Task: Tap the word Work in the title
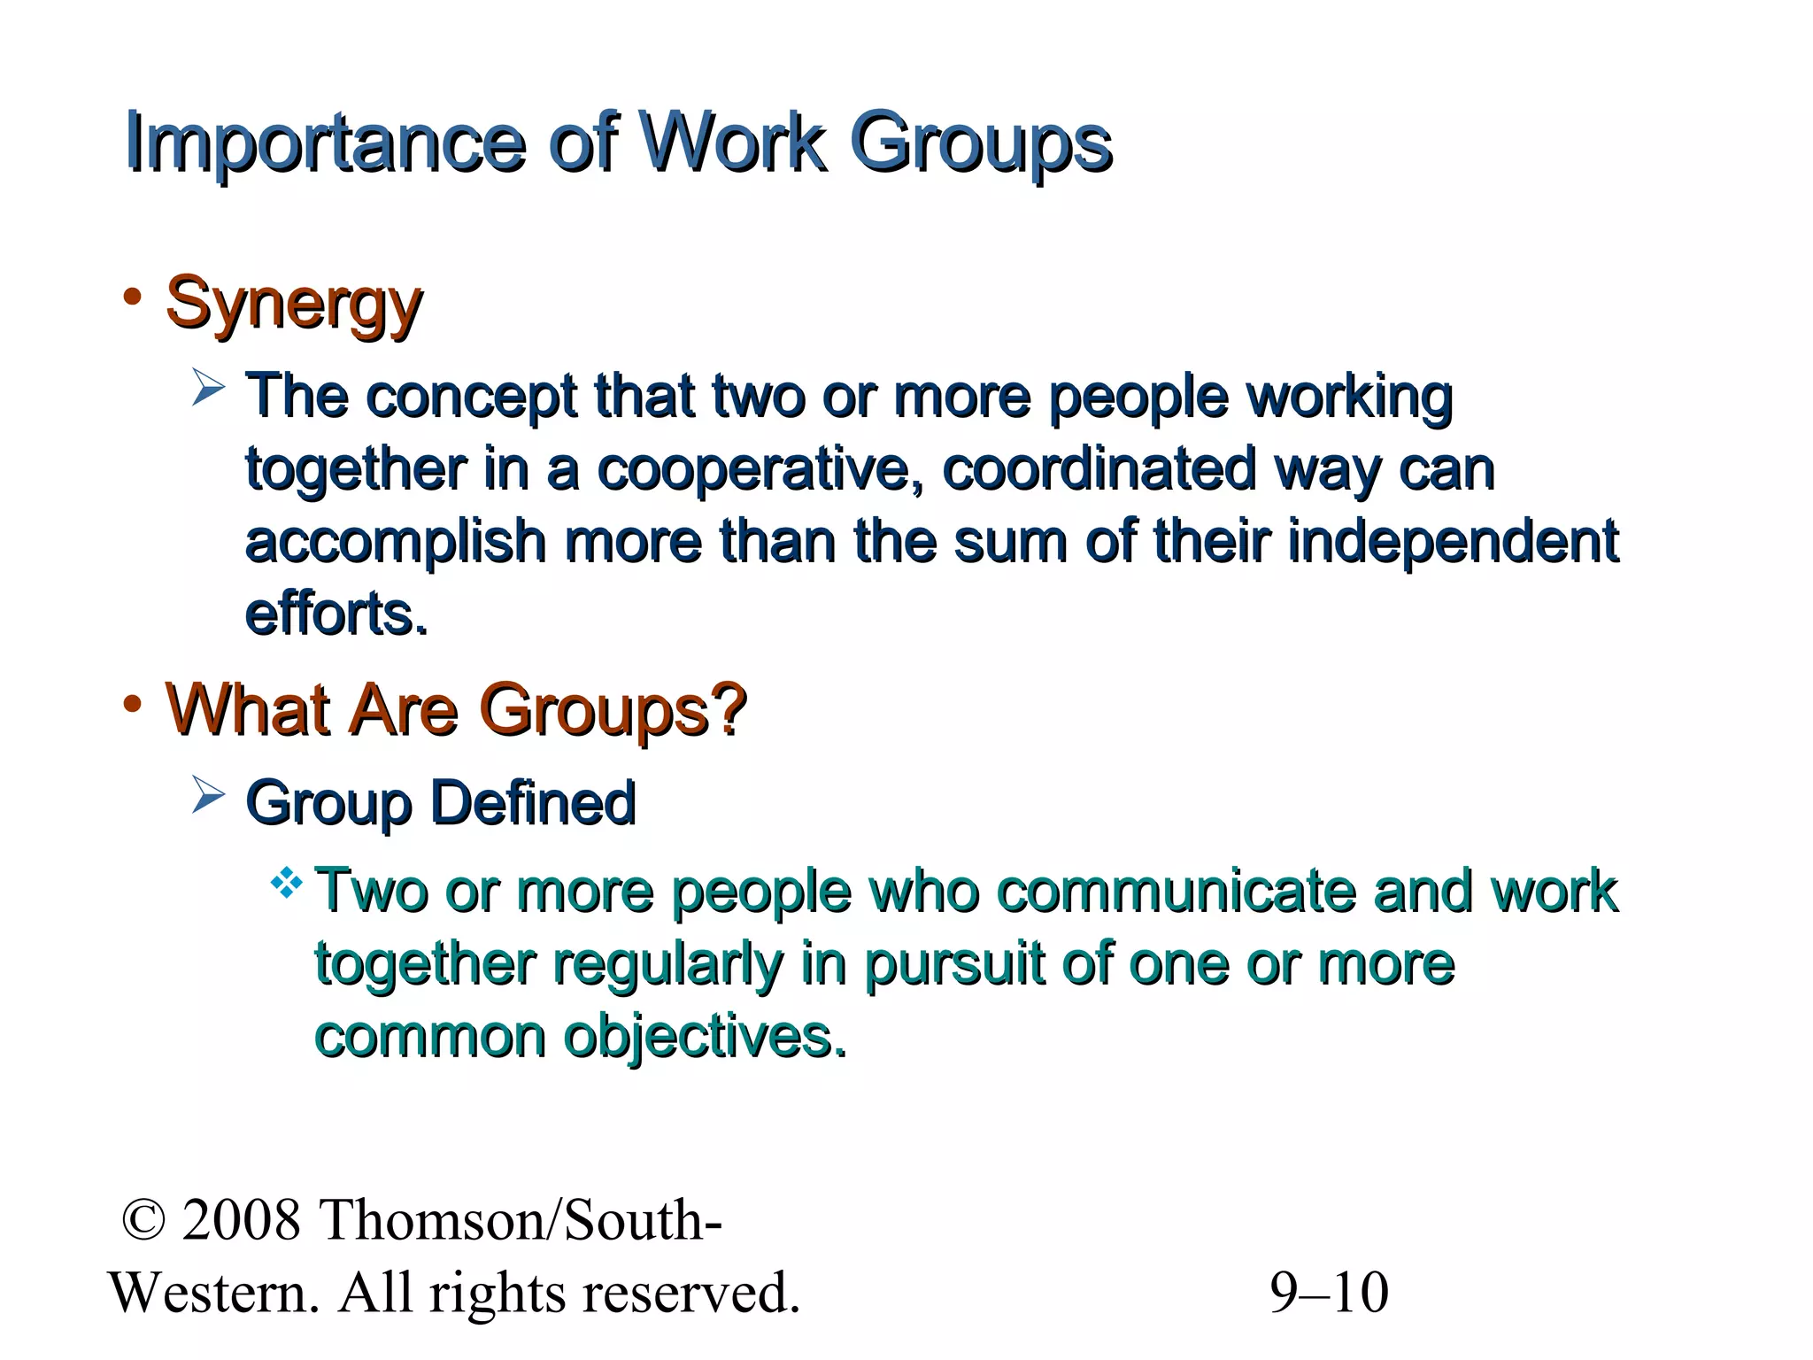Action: (x=732, y=142)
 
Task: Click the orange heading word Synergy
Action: (x=294, y=304)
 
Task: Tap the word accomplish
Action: (x=396, y=542)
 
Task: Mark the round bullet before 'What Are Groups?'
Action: (x=133, y=705)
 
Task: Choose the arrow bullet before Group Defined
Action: (x=209, y=794)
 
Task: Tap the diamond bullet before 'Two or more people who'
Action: (x=287, y=883)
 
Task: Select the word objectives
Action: (x=705, y=1036)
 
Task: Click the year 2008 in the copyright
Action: (x=241, y=1220)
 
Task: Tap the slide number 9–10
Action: (x=1329, y=1293)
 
